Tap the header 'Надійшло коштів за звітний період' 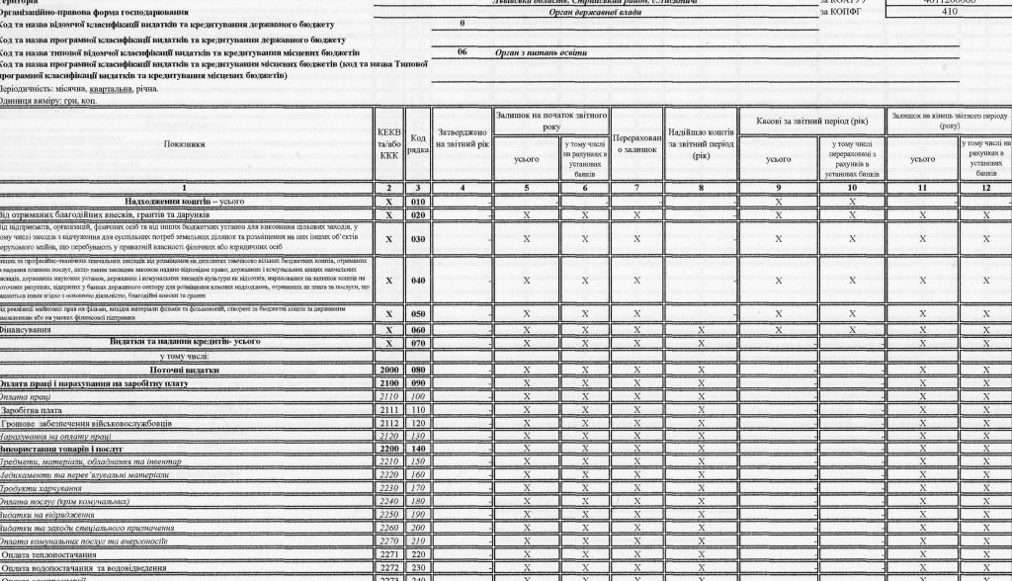point(701,143)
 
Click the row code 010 point(418,201)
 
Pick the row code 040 point(418,280)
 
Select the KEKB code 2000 point(388,369)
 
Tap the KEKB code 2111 point(388,409)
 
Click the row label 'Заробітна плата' point(31,409)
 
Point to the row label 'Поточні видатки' point(191,369)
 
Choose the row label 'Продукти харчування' point(41,487)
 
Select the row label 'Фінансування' point(29,329)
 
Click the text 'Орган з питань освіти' point(541,51)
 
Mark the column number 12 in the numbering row point(984,187)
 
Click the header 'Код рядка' point(418,144)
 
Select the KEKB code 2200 point(388,448)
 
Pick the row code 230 point(418,567)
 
